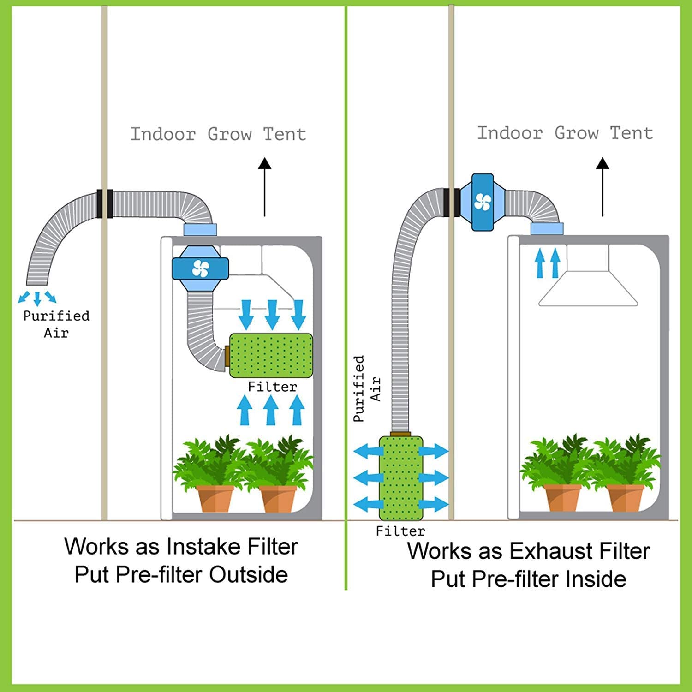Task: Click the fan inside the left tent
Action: point(200,268)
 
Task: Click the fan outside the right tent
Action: point(483,202)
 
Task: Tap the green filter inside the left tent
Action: point(271,355)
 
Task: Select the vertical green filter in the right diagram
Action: point(400,478)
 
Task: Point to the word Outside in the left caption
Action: point(248,575)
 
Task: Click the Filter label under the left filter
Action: point(272,387)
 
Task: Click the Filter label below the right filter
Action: point(400,531)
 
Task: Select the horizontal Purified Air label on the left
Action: point(56,324)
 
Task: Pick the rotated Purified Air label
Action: point(367,388)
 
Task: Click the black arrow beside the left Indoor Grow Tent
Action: point(264,187)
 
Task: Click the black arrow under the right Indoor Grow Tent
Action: point(603,187)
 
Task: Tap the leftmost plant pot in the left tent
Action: point(215,498)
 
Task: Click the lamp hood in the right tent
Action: point(588,288)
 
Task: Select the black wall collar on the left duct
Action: point(105,203)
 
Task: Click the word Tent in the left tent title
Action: point(285,134)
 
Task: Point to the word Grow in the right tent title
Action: point(576,133)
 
